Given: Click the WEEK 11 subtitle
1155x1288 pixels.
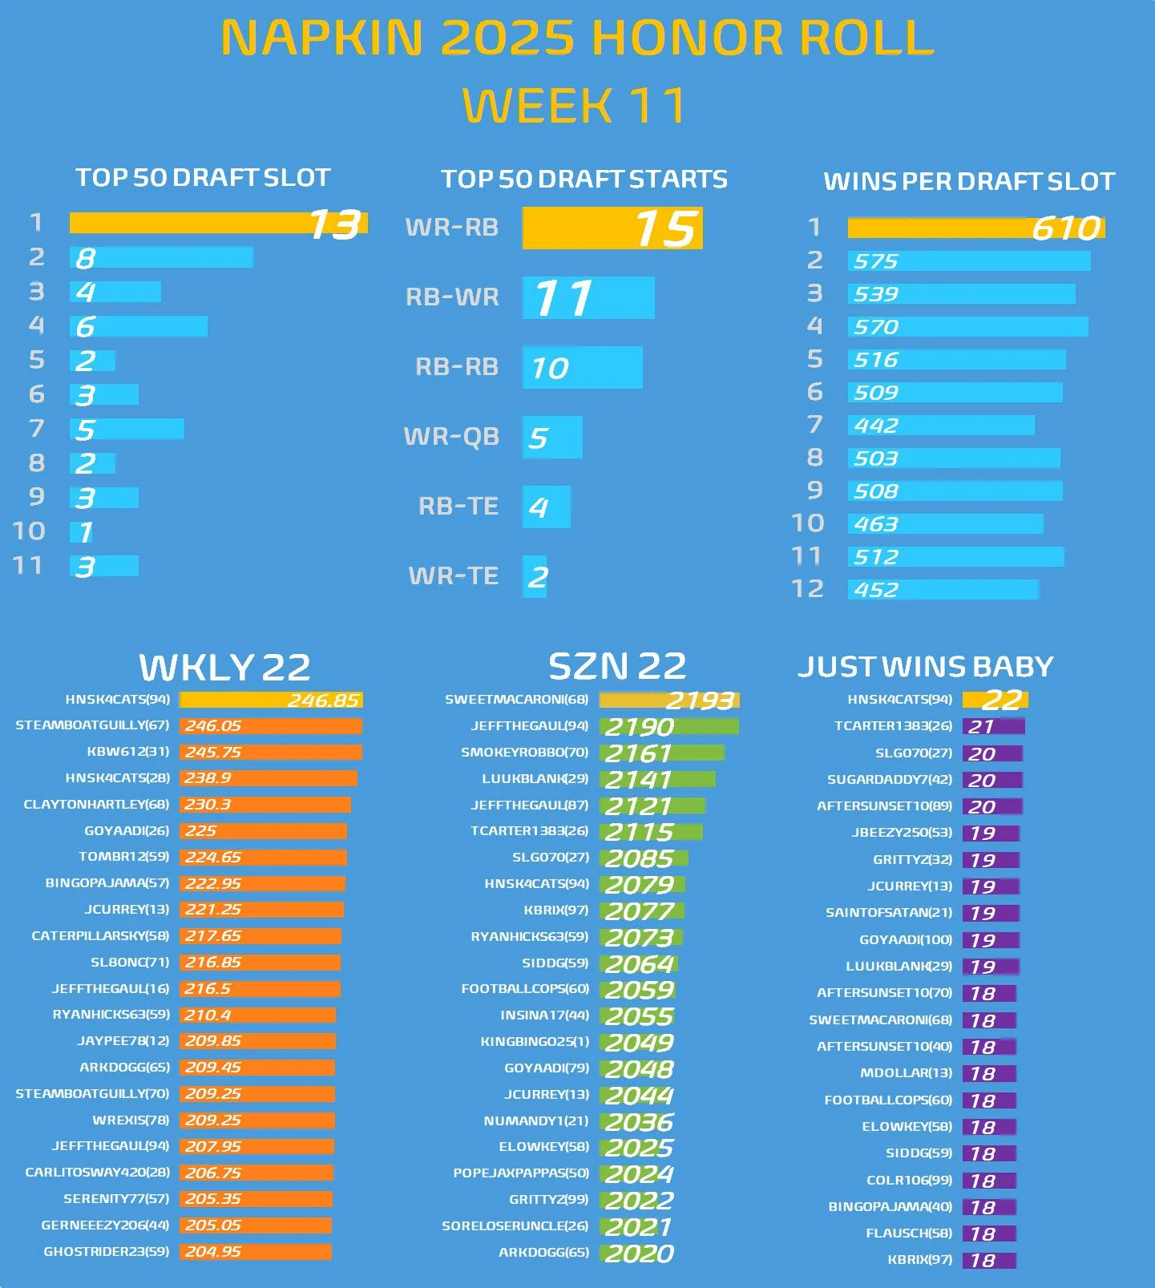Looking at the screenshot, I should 574,105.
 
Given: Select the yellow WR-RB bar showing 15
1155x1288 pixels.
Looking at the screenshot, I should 612,228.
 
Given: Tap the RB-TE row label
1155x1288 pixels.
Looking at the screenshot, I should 458,507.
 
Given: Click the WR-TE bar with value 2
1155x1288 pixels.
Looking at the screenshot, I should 535,576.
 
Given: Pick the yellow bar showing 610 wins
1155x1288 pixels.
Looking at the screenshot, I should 975,228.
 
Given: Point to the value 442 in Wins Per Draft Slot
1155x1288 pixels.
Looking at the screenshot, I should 876,426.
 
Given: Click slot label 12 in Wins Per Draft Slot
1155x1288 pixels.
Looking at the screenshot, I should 807,589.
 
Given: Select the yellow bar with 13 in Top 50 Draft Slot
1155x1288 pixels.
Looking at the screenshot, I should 218,224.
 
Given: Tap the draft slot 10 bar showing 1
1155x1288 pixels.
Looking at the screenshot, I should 82,532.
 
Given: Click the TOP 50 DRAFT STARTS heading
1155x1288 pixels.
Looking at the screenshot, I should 584,179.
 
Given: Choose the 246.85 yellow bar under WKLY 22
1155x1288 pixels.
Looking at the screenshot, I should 271,700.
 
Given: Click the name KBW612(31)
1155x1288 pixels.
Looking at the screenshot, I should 128,752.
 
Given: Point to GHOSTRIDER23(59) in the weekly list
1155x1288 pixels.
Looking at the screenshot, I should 107,1251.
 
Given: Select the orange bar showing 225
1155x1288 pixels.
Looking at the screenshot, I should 263,831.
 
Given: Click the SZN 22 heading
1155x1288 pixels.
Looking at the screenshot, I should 617,666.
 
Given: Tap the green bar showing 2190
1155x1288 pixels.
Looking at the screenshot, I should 668,727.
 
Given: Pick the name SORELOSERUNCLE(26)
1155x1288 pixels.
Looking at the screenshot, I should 515,1226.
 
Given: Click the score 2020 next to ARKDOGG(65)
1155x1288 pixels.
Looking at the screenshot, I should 639,1254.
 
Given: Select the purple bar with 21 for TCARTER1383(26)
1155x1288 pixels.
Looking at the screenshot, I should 993,727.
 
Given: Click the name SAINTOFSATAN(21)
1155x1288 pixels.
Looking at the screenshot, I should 889,913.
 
